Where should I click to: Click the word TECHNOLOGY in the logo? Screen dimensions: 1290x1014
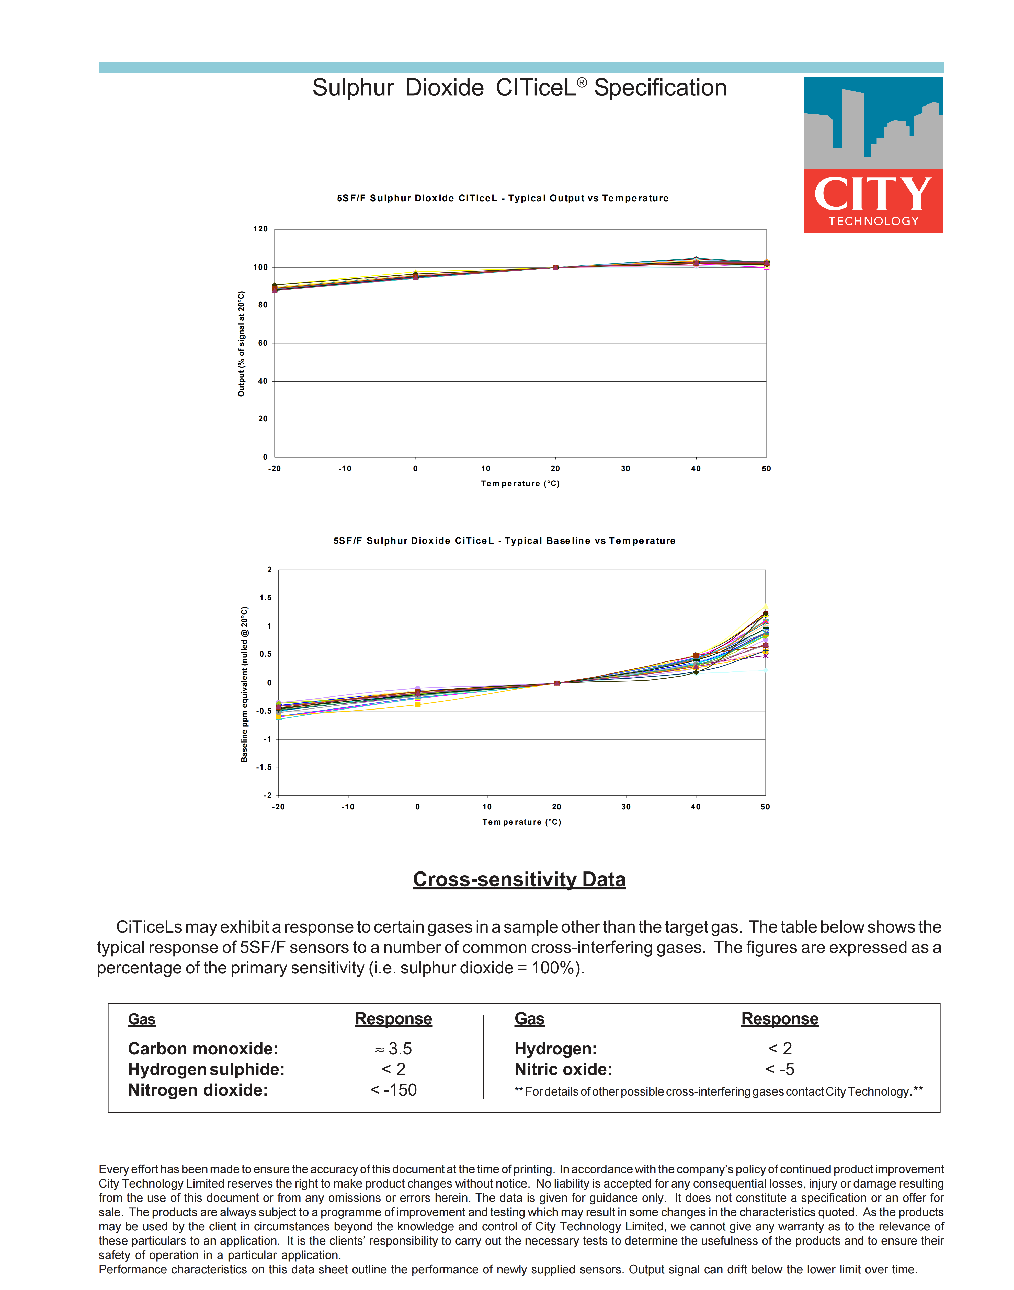click(873, 221)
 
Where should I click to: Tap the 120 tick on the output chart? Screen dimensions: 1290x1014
click(261, 229)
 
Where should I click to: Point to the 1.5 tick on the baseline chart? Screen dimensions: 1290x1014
click(265, 598)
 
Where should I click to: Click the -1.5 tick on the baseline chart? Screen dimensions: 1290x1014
click(264, 767)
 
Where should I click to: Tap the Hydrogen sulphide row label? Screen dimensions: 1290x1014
click(206, 1069)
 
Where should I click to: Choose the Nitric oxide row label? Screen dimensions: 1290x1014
click(563, 1069)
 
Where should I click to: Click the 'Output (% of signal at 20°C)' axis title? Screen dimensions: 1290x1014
click(241, 344)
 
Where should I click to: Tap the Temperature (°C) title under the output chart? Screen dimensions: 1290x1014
click(520, 484)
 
